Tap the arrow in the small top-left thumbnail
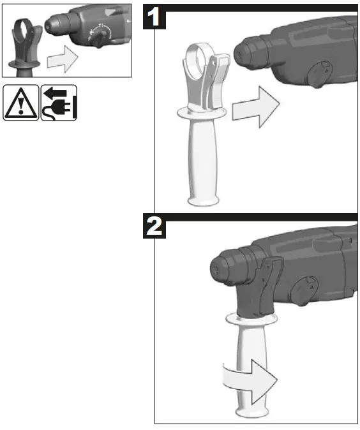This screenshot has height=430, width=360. click(62, 61)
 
